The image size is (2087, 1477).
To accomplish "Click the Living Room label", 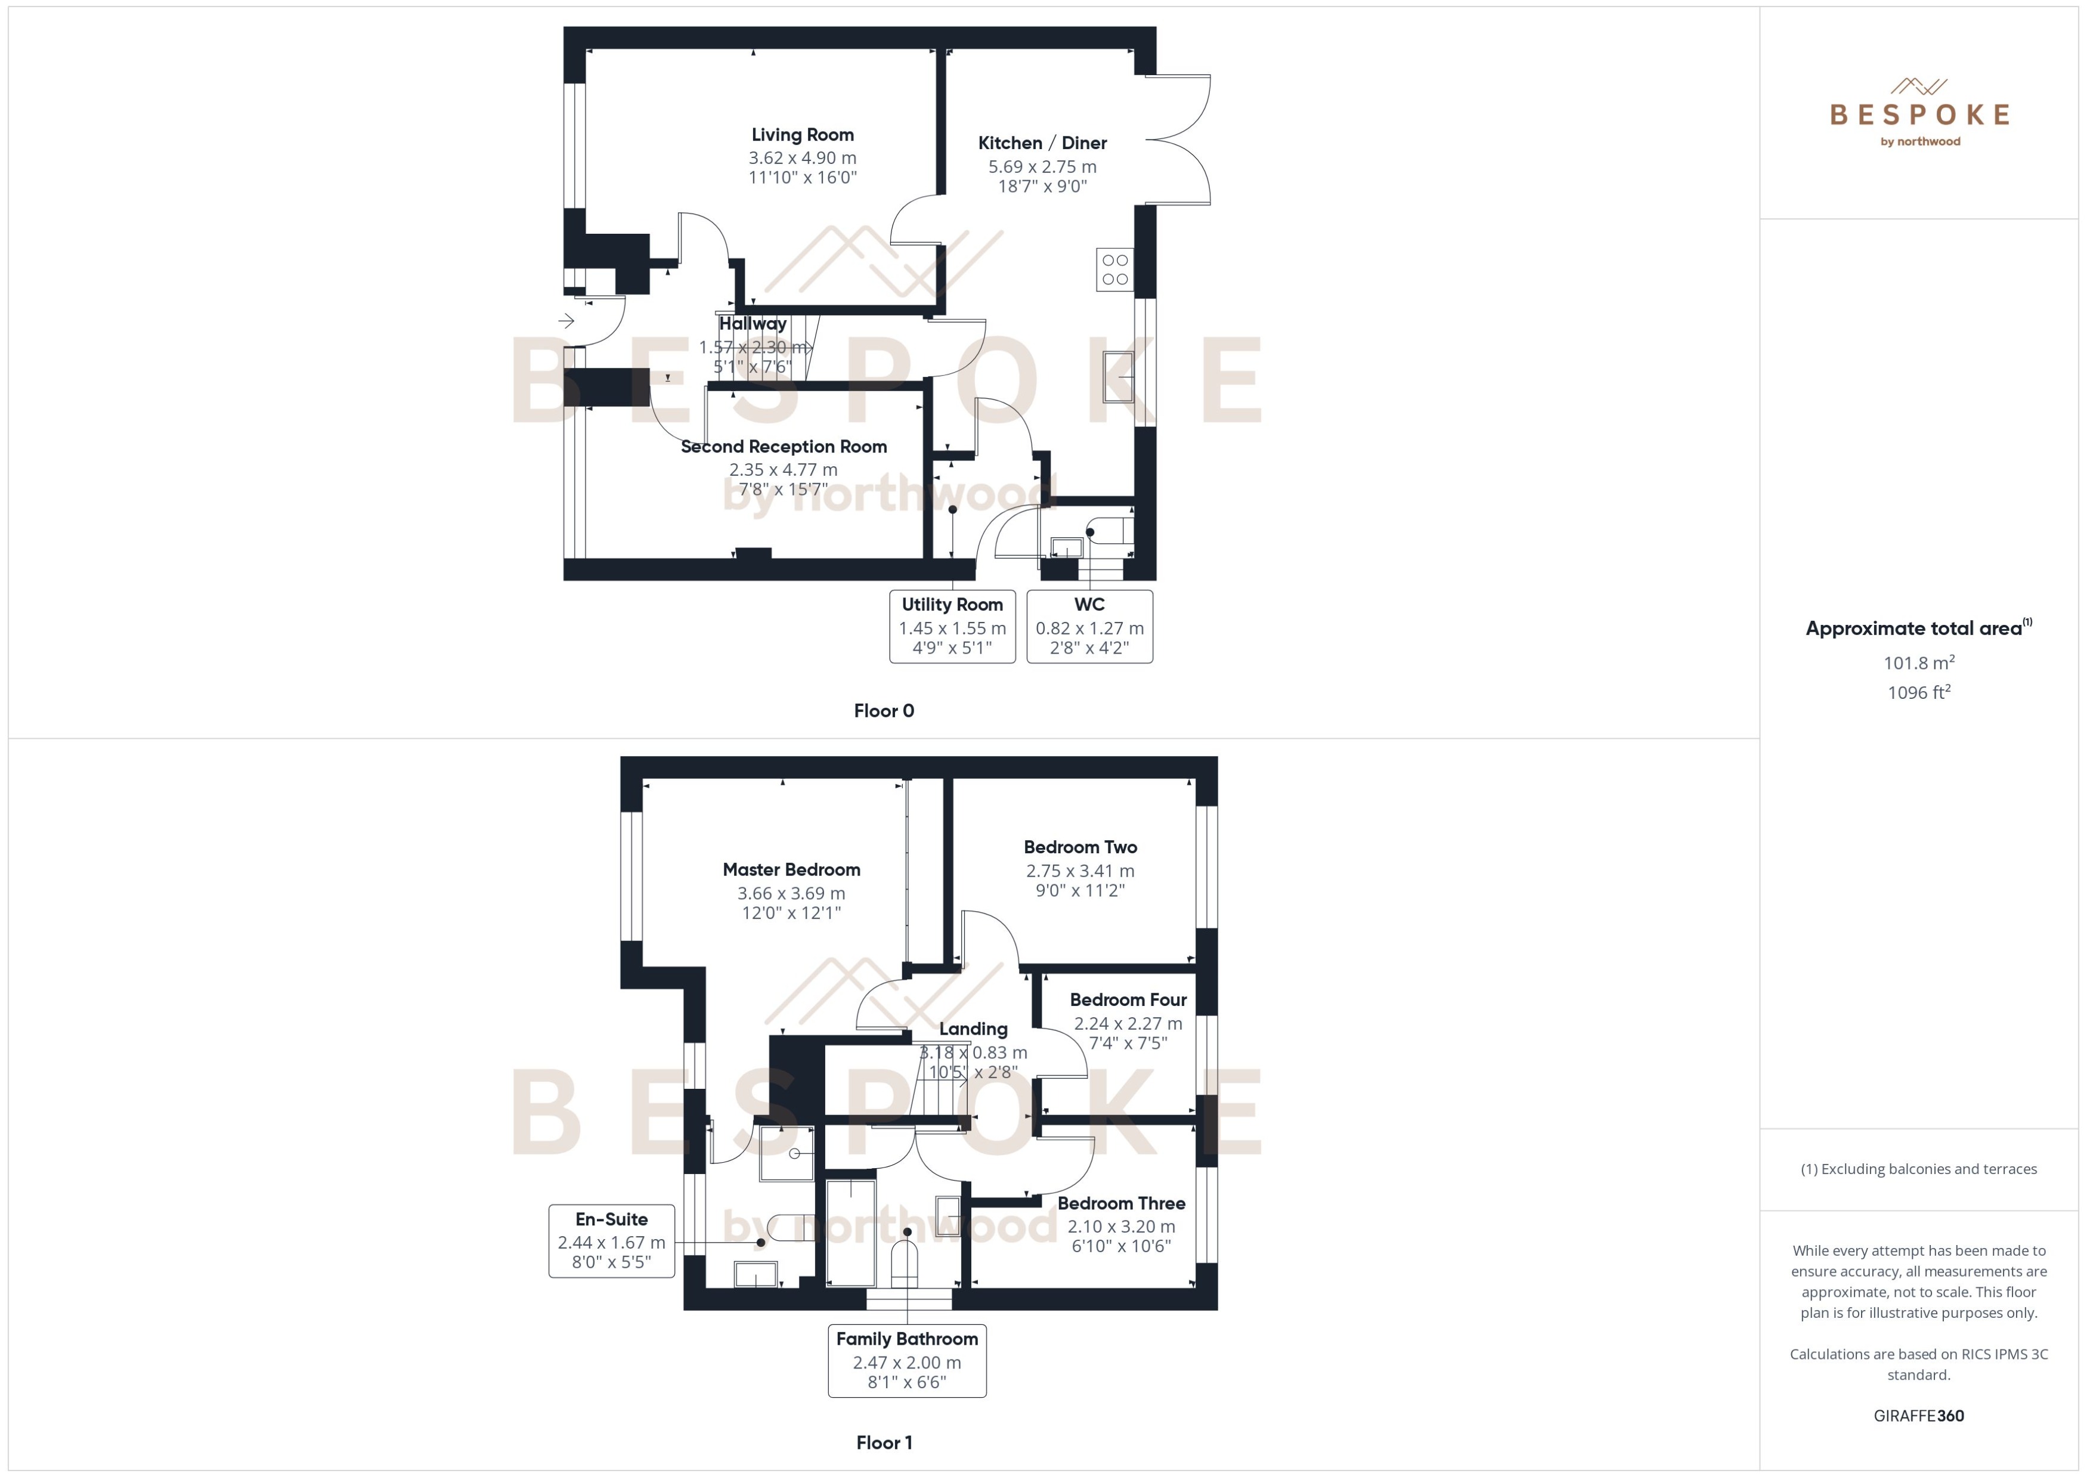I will [802, 135].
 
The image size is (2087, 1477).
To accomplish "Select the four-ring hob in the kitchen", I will [1115, 269].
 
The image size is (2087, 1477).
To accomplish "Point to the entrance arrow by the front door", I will [566, 321].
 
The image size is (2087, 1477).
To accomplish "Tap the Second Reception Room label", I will [784, 447].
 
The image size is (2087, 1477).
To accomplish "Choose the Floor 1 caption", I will [884, 1442].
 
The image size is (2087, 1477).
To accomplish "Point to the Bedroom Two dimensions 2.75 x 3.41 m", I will [1080, 871].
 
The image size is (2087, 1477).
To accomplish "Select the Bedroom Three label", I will [1121, 1203].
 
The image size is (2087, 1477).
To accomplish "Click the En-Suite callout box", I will [612, 1240].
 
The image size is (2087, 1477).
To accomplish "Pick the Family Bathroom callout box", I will [906, 1361].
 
